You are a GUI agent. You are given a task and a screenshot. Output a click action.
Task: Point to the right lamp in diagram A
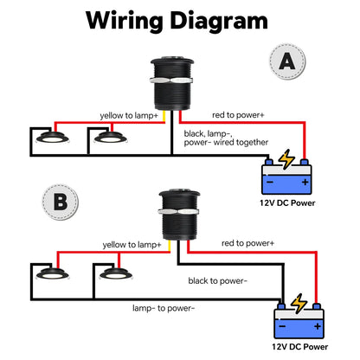(110, 137)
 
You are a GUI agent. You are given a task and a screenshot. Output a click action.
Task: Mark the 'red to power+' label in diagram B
(247, 243)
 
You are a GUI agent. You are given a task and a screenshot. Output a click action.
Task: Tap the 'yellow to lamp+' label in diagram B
(132, 246)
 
